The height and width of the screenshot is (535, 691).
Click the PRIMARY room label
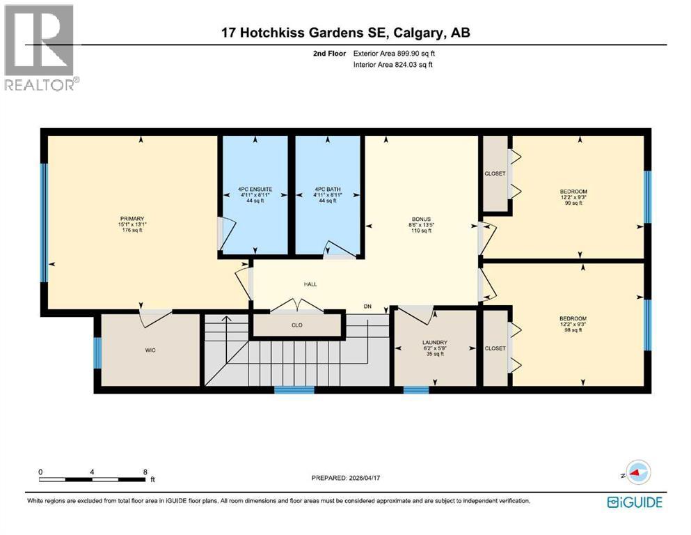131,218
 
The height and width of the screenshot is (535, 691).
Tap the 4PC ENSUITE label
254,189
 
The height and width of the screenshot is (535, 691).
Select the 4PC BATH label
327,189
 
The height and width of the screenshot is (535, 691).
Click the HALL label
310,284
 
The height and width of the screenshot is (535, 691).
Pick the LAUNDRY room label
434,342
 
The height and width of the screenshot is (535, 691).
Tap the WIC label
149,350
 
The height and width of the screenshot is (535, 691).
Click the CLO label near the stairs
297,325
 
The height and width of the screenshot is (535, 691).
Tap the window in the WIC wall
97,350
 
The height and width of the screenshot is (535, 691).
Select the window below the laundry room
416,390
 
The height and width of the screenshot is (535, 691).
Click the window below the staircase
294,390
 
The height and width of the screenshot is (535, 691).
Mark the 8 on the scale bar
144,472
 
